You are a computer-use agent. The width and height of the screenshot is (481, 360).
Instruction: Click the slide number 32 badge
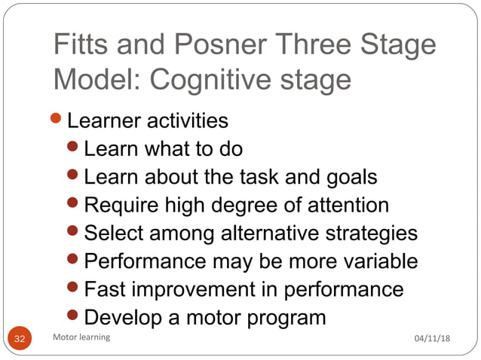(x=20, y=338)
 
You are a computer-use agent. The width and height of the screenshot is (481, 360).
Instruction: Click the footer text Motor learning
(x=82, y=337)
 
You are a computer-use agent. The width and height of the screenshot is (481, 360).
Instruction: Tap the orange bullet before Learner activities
(x=59, y=119)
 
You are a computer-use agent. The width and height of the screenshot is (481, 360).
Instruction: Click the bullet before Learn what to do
(x=75, y=148)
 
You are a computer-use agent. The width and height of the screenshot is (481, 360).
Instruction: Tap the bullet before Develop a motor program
(x=75, y=316)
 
